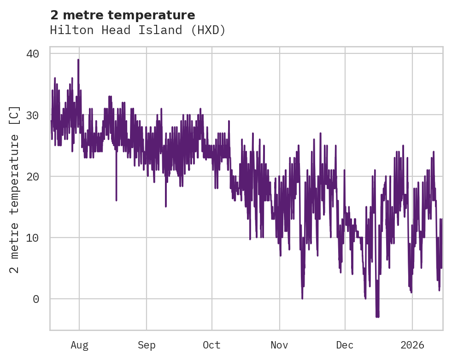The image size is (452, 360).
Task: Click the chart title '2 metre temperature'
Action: (x=123, y=15)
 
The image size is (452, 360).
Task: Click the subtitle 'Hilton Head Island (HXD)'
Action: (x=138, y=30)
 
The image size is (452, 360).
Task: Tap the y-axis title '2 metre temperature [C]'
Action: (x=15, y=189)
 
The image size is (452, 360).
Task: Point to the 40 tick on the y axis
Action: (x=32, y=54)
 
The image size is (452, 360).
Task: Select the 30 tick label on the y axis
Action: (x=32, y=115)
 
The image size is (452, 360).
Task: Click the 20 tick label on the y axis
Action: (x=32, y=176)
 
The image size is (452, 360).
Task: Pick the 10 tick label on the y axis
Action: (x=32, y=238)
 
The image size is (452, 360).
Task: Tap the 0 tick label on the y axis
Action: (x=35, y=299)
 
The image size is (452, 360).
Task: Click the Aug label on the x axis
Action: (x=79, y=345)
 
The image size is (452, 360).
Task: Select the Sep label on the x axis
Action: (x=147, y=345)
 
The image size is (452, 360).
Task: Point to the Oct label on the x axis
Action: (x=212, y=345)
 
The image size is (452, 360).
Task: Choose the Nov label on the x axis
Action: (x=279, y=345)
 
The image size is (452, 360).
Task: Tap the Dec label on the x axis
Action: (x=345, y=345)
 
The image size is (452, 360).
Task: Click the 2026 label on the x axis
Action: (x=412, y=345)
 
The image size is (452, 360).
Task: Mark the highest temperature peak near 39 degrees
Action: (x=78, y=60)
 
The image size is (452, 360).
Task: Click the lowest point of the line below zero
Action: (x=377, y=317)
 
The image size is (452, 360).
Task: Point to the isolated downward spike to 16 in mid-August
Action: (x=116, y=200)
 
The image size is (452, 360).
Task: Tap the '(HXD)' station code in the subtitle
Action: (x=210, y=30)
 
